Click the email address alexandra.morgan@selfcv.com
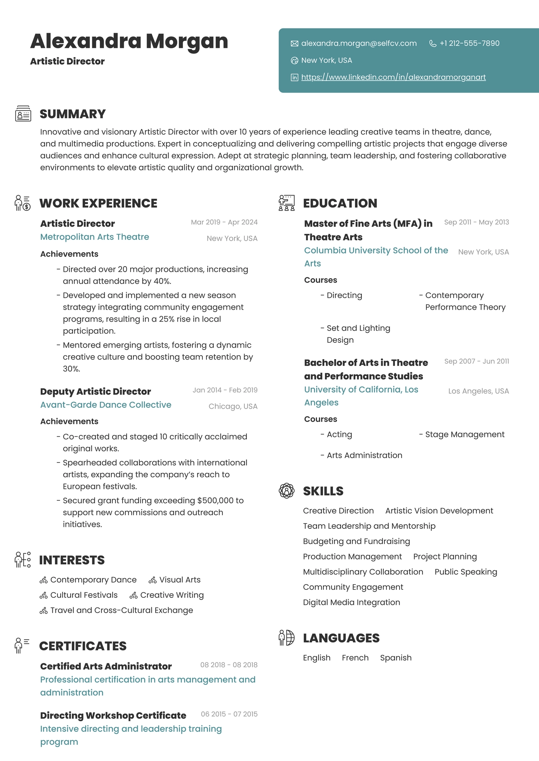coord(359,43)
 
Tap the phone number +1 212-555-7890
coord(469,43)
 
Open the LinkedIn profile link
coord(393,77)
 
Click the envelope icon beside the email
coord(295,43)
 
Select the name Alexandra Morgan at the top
coord(129,41)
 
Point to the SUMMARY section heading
coord(73,114)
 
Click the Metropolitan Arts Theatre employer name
coord(95,237)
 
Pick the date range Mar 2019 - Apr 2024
coord(224,222)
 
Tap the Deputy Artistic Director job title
coord(95,391)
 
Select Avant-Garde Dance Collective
coord(106,405)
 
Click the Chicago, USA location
coord(233,407)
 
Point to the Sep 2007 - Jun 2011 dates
coord(476,362)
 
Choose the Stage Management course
coord(465,435)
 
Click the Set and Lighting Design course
coord(358,334)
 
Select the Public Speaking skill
coord(466,572)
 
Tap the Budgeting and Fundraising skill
coord(356,542)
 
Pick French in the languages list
coord(355,658)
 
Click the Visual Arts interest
coord(180,580)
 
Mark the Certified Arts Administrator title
coord(106,666)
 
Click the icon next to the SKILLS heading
coord(286,491)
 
